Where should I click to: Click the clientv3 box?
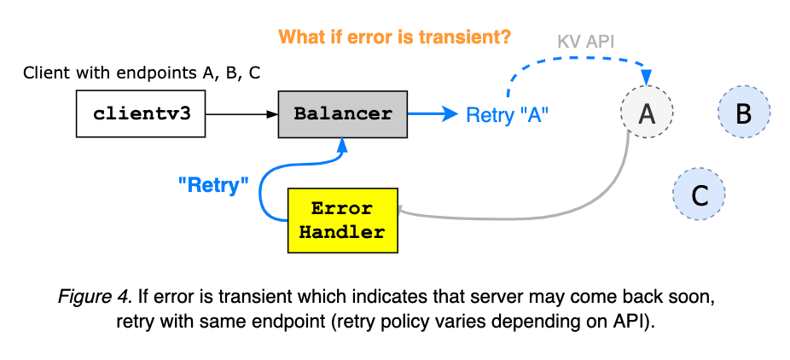point(141,114)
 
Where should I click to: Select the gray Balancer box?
point(343,114)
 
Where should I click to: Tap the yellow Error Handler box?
point(342,220)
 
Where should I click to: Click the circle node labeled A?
point(647,113)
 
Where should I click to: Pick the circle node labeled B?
point(743,113)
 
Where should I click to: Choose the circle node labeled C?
point(699,195)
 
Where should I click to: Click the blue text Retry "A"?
point(506,115)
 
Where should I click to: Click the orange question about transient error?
point(394,38)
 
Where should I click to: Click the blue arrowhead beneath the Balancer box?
point(342,146)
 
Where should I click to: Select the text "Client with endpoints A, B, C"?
point(142,73)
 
